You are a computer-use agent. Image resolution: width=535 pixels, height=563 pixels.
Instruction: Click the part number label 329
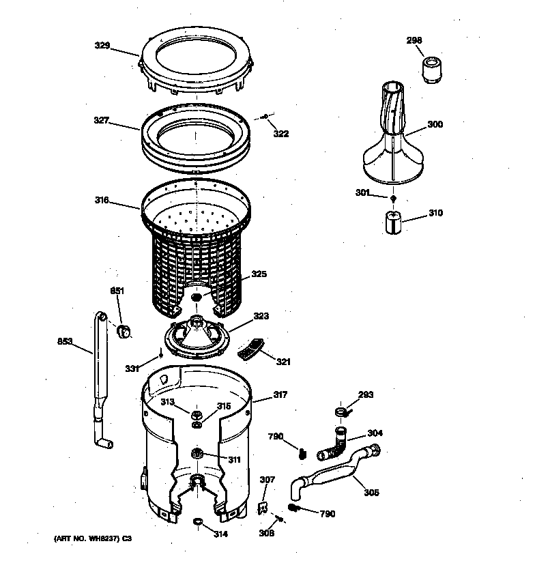click(102, 46)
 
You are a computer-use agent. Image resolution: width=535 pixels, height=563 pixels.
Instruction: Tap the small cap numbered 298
click(430, 70)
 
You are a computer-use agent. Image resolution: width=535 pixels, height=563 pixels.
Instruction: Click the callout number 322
click(280, 134)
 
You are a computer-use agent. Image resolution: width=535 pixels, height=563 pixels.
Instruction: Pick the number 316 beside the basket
click(102, 200)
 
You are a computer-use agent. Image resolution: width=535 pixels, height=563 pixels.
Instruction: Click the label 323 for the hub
click(261, 317)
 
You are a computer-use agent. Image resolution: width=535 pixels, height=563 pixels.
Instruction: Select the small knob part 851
click(124, 331)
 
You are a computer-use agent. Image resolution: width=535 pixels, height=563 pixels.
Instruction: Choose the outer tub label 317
click(280, 394)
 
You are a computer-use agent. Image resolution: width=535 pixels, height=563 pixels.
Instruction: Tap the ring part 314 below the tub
click(199, 523)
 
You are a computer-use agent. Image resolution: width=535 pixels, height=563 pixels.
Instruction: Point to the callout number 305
click(371, 493)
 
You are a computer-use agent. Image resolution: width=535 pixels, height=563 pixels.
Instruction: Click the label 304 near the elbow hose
click(375, 433)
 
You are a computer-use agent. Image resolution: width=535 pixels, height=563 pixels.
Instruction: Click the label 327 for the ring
click(102, 120)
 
